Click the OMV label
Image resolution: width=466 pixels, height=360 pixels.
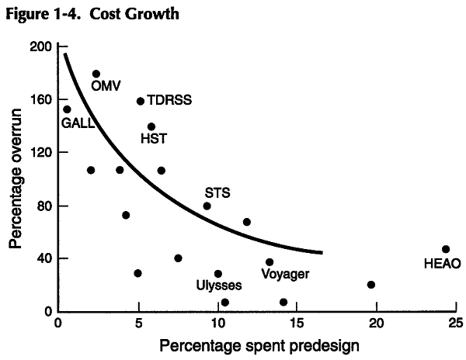106,86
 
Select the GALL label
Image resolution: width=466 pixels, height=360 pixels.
78,123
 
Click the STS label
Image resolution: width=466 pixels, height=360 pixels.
217,192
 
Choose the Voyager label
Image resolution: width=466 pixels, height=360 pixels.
286,274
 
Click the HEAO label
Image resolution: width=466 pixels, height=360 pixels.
443,263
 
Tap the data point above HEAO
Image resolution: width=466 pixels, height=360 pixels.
445,249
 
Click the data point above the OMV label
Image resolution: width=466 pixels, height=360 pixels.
96,74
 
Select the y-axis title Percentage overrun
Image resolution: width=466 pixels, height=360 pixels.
16,178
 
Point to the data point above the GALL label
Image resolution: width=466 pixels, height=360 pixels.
67,109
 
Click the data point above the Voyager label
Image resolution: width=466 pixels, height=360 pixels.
270,262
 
